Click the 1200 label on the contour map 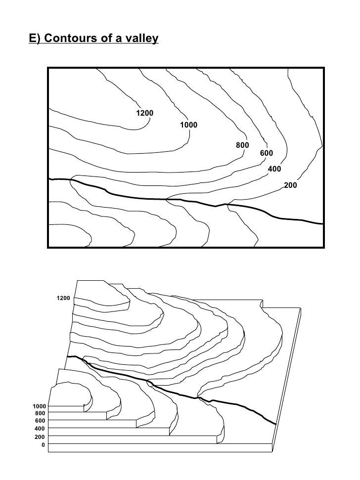(144, 114)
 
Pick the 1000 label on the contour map (188, 125)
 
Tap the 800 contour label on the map (242, 145)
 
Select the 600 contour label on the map (266, 154)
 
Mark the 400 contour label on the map (274, 169)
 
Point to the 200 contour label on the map (290, 185)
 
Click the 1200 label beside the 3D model (63, 298)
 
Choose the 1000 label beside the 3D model (40, 406)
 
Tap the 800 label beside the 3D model (41, 413)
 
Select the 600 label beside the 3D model (41, 421)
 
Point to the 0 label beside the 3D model (44, 445)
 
